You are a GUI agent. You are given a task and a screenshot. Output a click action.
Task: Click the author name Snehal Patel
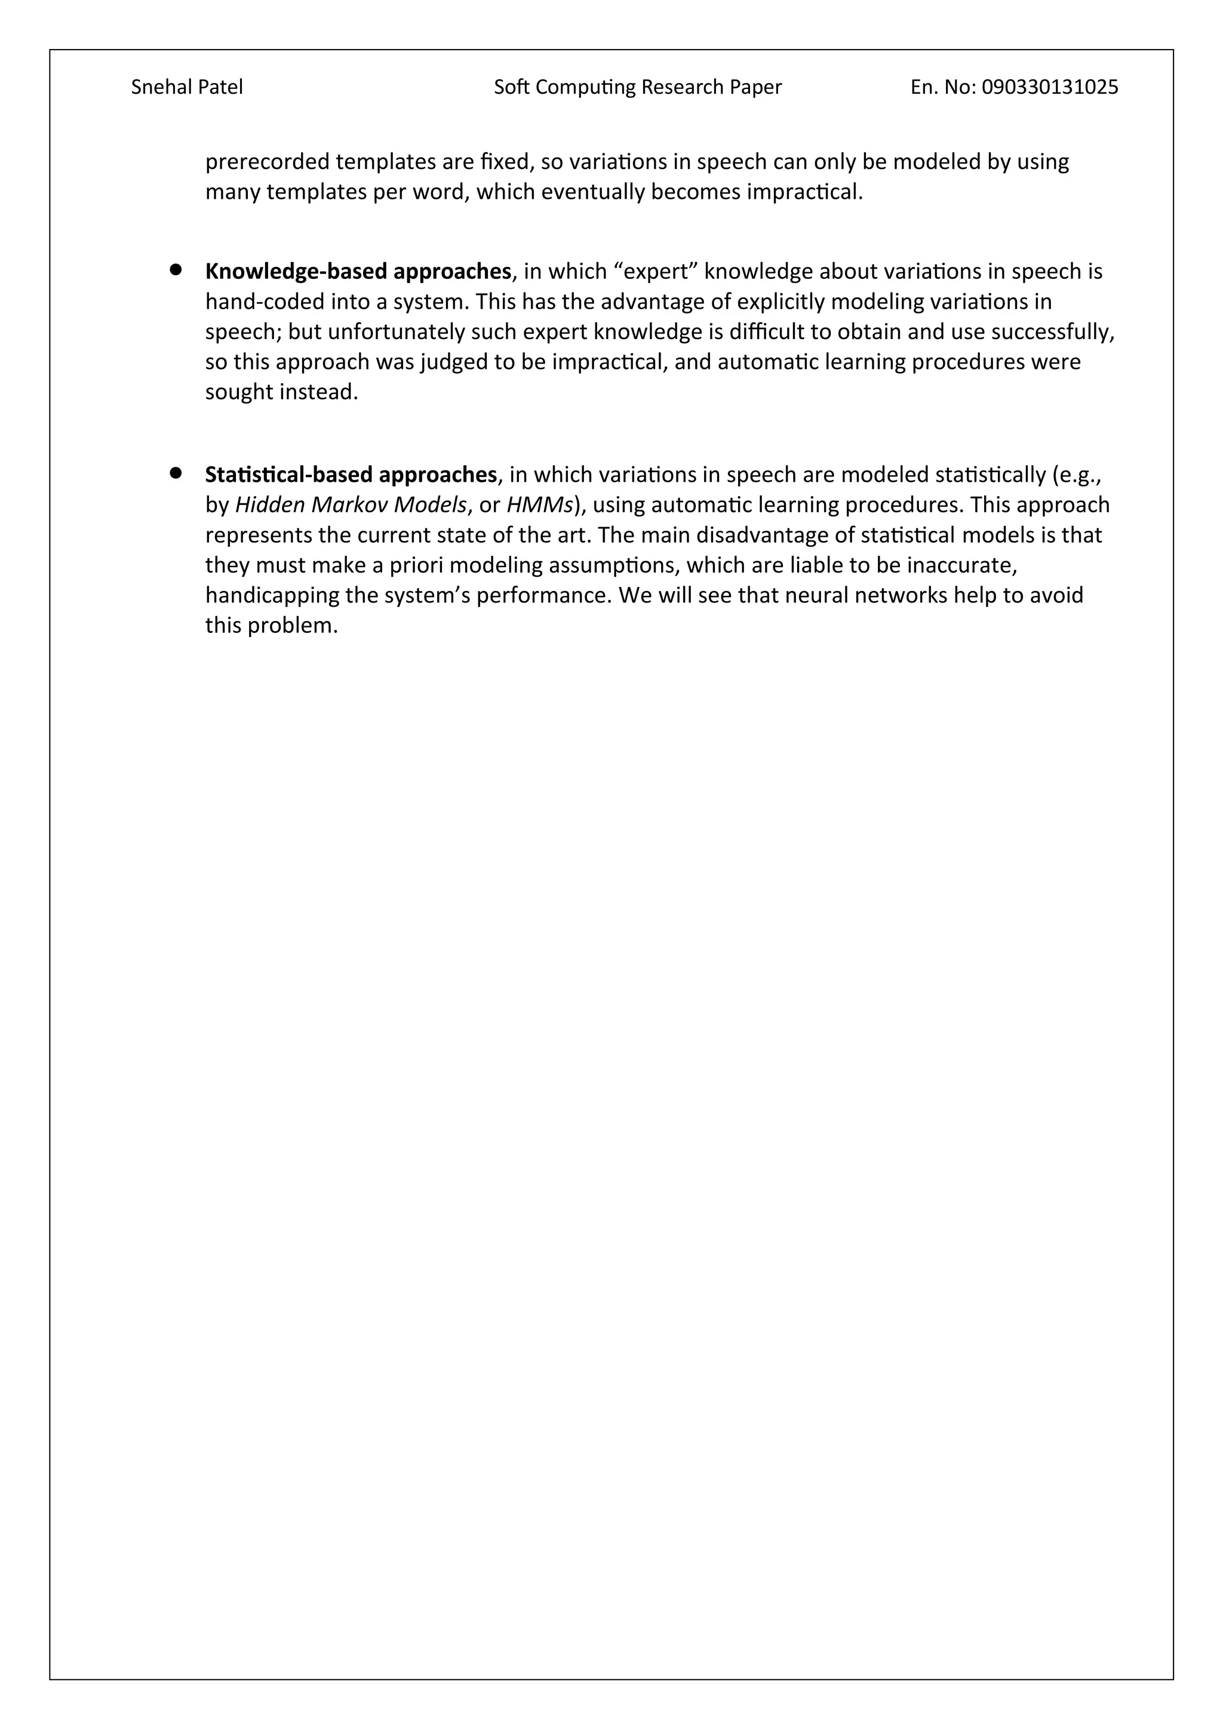pyautogui.click(x=187, y=87)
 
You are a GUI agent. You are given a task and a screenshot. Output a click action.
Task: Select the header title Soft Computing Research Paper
pyautogui.click(x=637, y=87)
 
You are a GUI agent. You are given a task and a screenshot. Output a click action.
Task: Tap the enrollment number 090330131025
pyautogui.click(x=1050, y=87)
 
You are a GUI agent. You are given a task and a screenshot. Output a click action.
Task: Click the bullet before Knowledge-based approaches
pyautogui.click(x=176, y=269)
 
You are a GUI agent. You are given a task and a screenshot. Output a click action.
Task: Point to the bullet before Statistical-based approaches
pyautogui.click(x=176, y=473)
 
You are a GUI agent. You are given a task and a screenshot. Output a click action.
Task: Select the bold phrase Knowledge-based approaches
pyautogui.click(x=358, y=271)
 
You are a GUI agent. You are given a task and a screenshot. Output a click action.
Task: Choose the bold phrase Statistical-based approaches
pyautogui.click(x=351, y=475)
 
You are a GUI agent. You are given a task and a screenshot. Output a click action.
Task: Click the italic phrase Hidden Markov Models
pyautogui.click(x=351, y=504)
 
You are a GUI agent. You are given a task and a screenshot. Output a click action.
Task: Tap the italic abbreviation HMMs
pyautogui.click(x=540, y=504)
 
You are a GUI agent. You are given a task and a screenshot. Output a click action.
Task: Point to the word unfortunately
pyautogui.click(x=392, y=332)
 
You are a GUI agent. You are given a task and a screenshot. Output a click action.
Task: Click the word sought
pyautogui.click(x=239, y=392)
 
